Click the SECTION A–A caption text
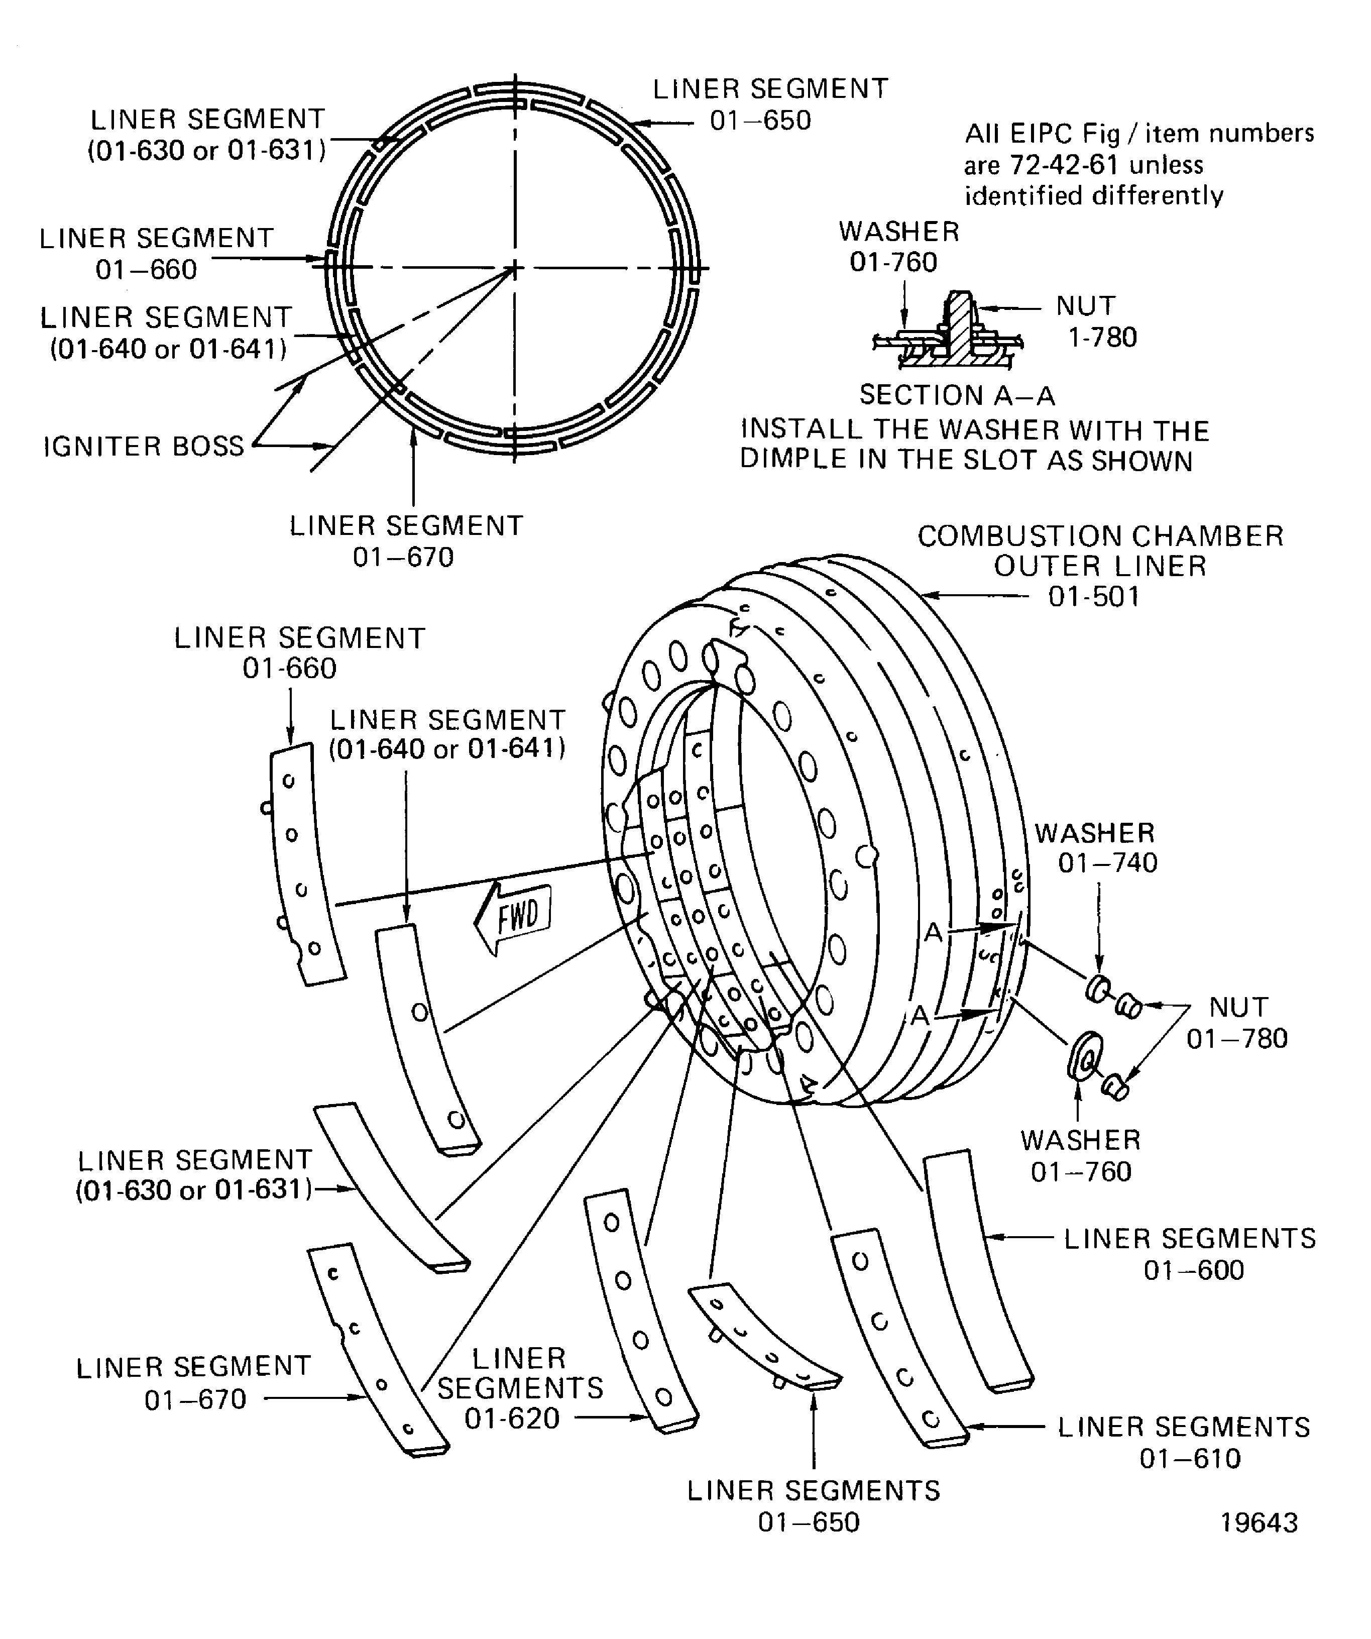tap(957, 396)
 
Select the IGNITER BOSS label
tap(144, 447)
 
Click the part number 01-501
tap(1093, 597)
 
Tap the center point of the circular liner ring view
tap(514, 269)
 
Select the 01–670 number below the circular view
tap(403, 557)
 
